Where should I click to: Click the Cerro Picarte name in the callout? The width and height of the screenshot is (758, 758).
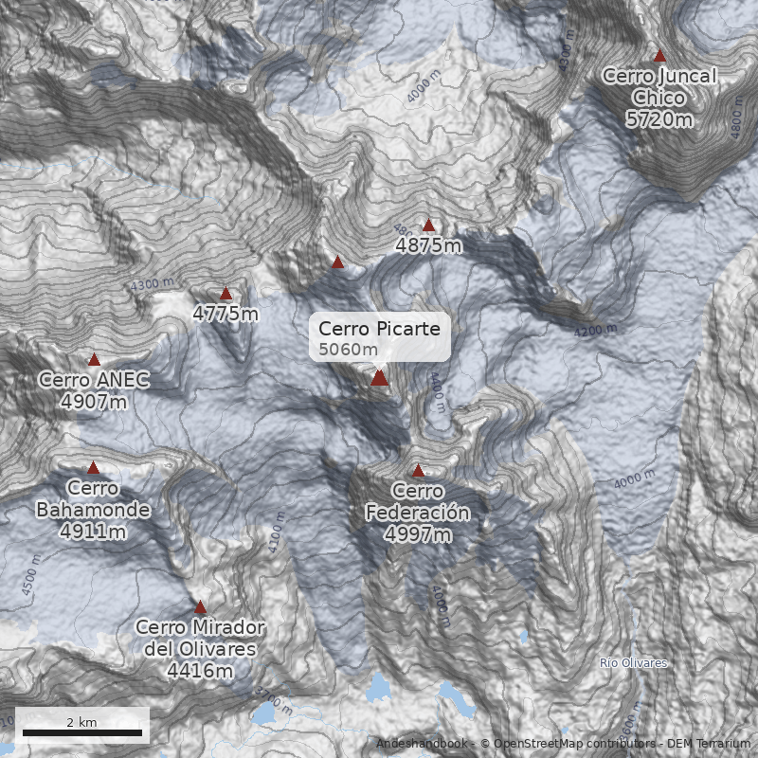point(379,328)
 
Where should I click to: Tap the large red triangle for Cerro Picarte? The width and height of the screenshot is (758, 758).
point(379,378)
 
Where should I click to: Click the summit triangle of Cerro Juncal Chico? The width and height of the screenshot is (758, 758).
point(659,56)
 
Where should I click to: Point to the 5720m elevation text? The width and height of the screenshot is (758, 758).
point(659,118)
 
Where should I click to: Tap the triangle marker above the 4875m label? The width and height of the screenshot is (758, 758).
point(428,226)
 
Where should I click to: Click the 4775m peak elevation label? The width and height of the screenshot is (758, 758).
point(226,314)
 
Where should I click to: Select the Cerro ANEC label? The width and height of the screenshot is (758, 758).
point(94,380)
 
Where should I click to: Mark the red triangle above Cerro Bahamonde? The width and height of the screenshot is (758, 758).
point(93,467)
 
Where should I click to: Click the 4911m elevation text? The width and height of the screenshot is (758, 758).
point(93,532)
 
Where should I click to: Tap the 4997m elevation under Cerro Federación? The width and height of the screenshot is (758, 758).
point(418,535)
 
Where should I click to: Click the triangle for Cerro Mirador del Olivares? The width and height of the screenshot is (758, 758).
point(200,607)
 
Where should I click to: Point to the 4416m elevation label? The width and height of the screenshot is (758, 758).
point(200,671)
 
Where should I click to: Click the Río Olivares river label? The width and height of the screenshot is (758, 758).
point(634,663)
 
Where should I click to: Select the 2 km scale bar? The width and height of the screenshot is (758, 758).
point(81,731)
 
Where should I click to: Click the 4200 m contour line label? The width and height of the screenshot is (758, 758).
point(595,331)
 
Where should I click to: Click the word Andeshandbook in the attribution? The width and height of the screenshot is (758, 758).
point(422,744)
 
